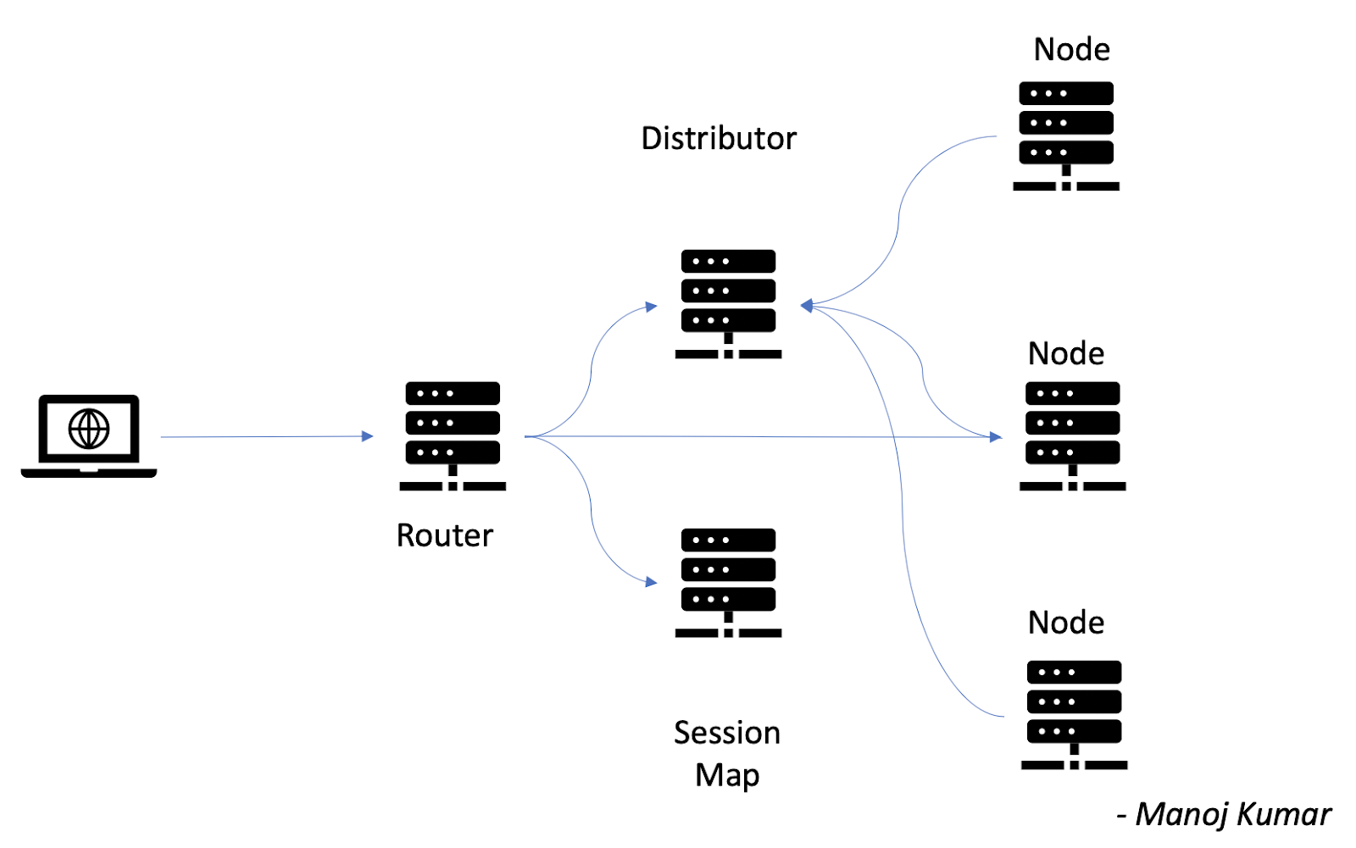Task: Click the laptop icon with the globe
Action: click(x=89, y=435)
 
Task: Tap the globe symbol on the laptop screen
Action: click(x=89, y=428)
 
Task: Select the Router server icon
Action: click(x=453, y=435)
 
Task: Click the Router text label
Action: click(x=444, y=535)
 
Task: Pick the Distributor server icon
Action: click(x=728, y=303)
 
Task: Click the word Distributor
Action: click(x=719, y=138)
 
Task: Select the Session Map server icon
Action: click(x=728, y=582)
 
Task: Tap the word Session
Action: click(x=726, y=733)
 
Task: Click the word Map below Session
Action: click(x=726, y=775)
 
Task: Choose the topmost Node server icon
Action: click(x=1066, y=136)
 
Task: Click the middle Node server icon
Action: click(x=1072, y=435)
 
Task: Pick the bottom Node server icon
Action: click(x=1074, y=714)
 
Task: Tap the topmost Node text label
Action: click(x=1071, y=49)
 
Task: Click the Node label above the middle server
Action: click(x=1065, y=353)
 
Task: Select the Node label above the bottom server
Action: click(x=1065, y=623)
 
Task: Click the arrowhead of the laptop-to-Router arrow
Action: click(x=368, y=436)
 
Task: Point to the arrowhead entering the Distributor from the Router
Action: click(x=651, y=307)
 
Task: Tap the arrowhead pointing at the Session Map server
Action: click(x=651, y=582)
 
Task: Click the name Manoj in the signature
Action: click(x=1181, y=814)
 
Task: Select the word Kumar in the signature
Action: click(x=1283, y=814)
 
